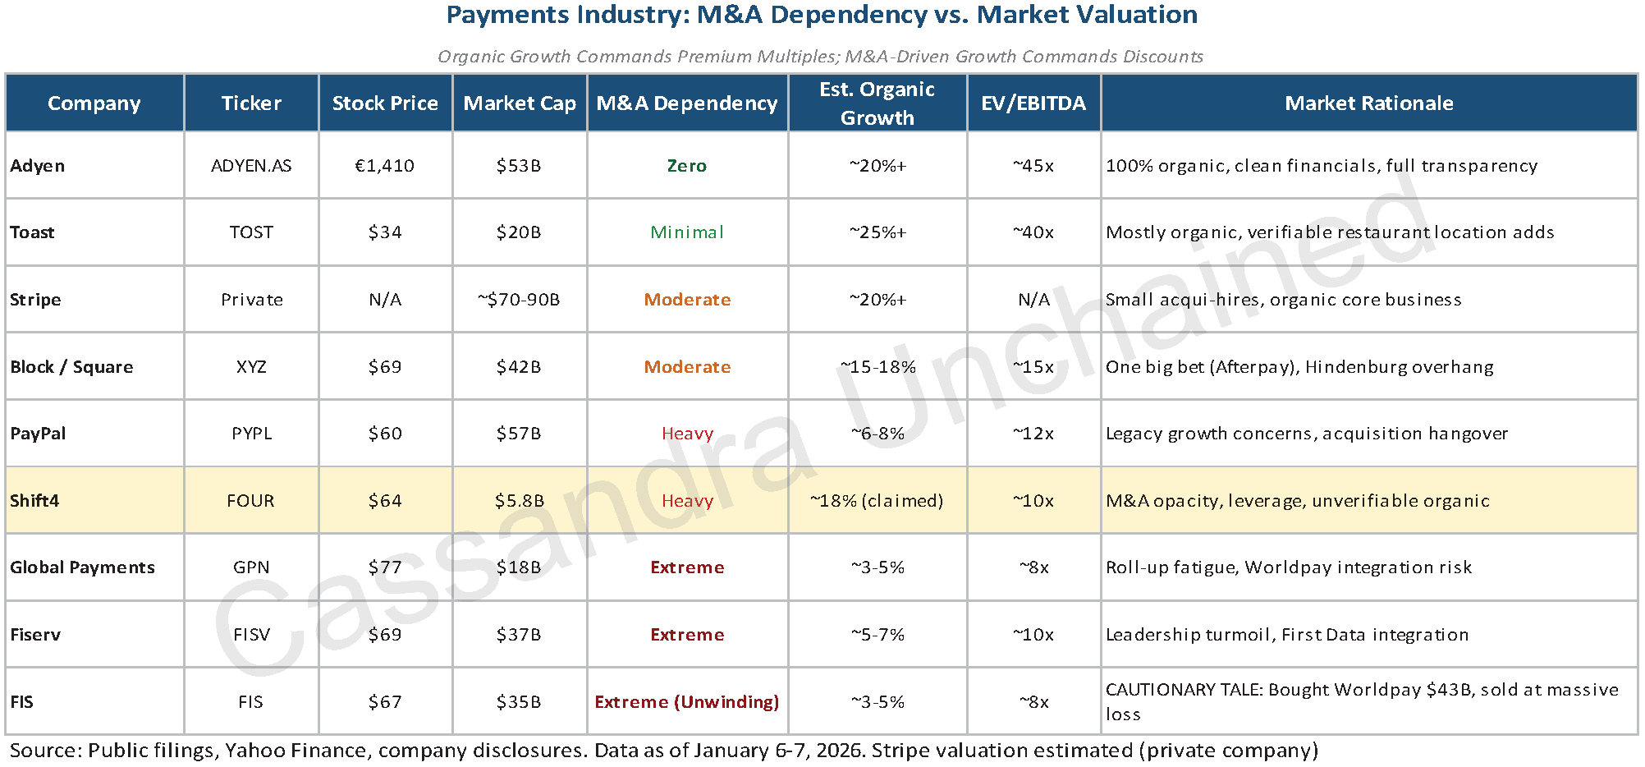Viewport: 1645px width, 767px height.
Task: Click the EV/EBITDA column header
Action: (1033, 103)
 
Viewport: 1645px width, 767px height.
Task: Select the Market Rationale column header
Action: (1368, 103)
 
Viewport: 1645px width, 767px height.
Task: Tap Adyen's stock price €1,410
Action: (384, 165)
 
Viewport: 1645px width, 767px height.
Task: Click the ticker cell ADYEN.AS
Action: (251, 165)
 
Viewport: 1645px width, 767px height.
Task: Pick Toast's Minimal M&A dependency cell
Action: (687, 232)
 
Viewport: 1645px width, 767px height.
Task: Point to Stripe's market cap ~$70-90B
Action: (519, 300)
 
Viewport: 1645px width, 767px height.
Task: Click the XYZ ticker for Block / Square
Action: (251, 366)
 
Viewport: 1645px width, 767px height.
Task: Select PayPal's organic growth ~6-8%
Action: (877, 434)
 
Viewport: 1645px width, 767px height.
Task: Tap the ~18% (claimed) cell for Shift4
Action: (877, 501)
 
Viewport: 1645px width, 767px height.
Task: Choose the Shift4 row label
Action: (34, 501)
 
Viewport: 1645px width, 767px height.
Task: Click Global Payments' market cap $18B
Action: (519, 567)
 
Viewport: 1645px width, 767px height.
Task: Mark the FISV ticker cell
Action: (251, 635)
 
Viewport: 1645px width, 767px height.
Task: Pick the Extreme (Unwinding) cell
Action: (687, 702)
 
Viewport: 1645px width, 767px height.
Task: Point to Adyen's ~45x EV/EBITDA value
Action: (1033, 165)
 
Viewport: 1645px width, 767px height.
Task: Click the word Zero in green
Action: (687, 165)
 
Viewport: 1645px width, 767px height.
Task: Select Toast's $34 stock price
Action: (384, 232)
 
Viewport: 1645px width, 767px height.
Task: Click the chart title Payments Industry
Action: (822, 15)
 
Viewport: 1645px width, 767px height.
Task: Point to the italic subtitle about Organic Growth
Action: (820, 57)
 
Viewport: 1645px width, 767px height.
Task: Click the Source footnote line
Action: (663, 751)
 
